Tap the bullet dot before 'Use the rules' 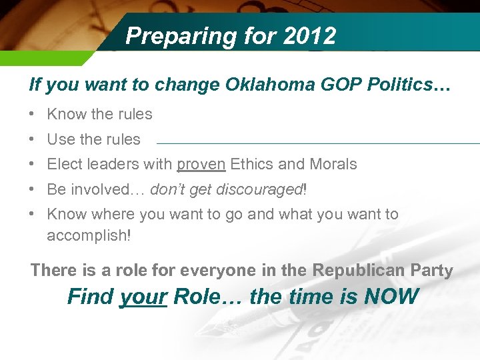point(33,139)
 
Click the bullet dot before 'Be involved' point(33,189)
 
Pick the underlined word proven point(201,165)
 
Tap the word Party point(433,271)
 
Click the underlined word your point(143,296)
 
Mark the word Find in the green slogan point(91,296)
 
